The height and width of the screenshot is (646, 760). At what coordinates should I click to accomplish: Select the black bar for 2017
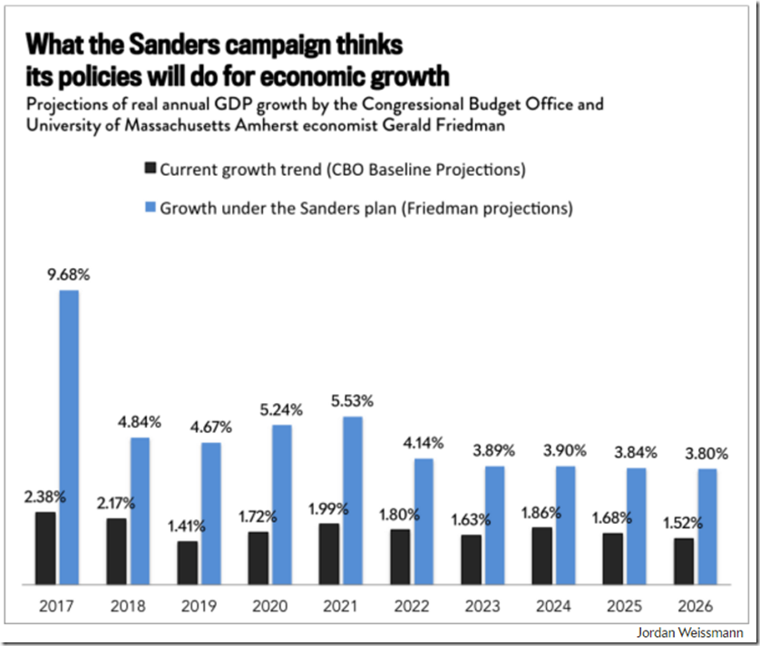[x=45, y=548]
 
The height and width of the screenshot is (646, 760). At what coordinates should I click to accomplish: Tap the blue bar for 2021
[x=352, y=500]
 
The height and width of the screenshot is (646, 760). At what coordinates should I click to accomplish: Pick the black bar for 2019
[x=188, y=563]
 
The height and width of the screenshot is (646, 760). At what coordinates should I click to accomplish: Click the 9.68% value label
[x=69, y=273]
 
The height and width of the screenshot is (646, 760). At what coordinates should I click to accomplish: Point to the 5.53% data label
[x=352, y=400]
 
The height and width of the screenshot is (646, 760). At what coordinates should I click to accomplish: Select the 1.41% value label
[x=188, y=524]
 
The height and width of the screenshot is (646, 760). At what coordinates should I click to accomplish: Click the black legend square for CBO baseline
[x=150, y=169]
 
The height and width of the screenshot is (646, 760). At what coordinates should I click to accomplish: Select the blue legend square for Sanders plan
[x=150, y=207]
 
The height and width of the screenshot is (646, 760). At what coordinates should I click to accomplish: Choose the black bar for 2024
[x=541, y=555]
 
